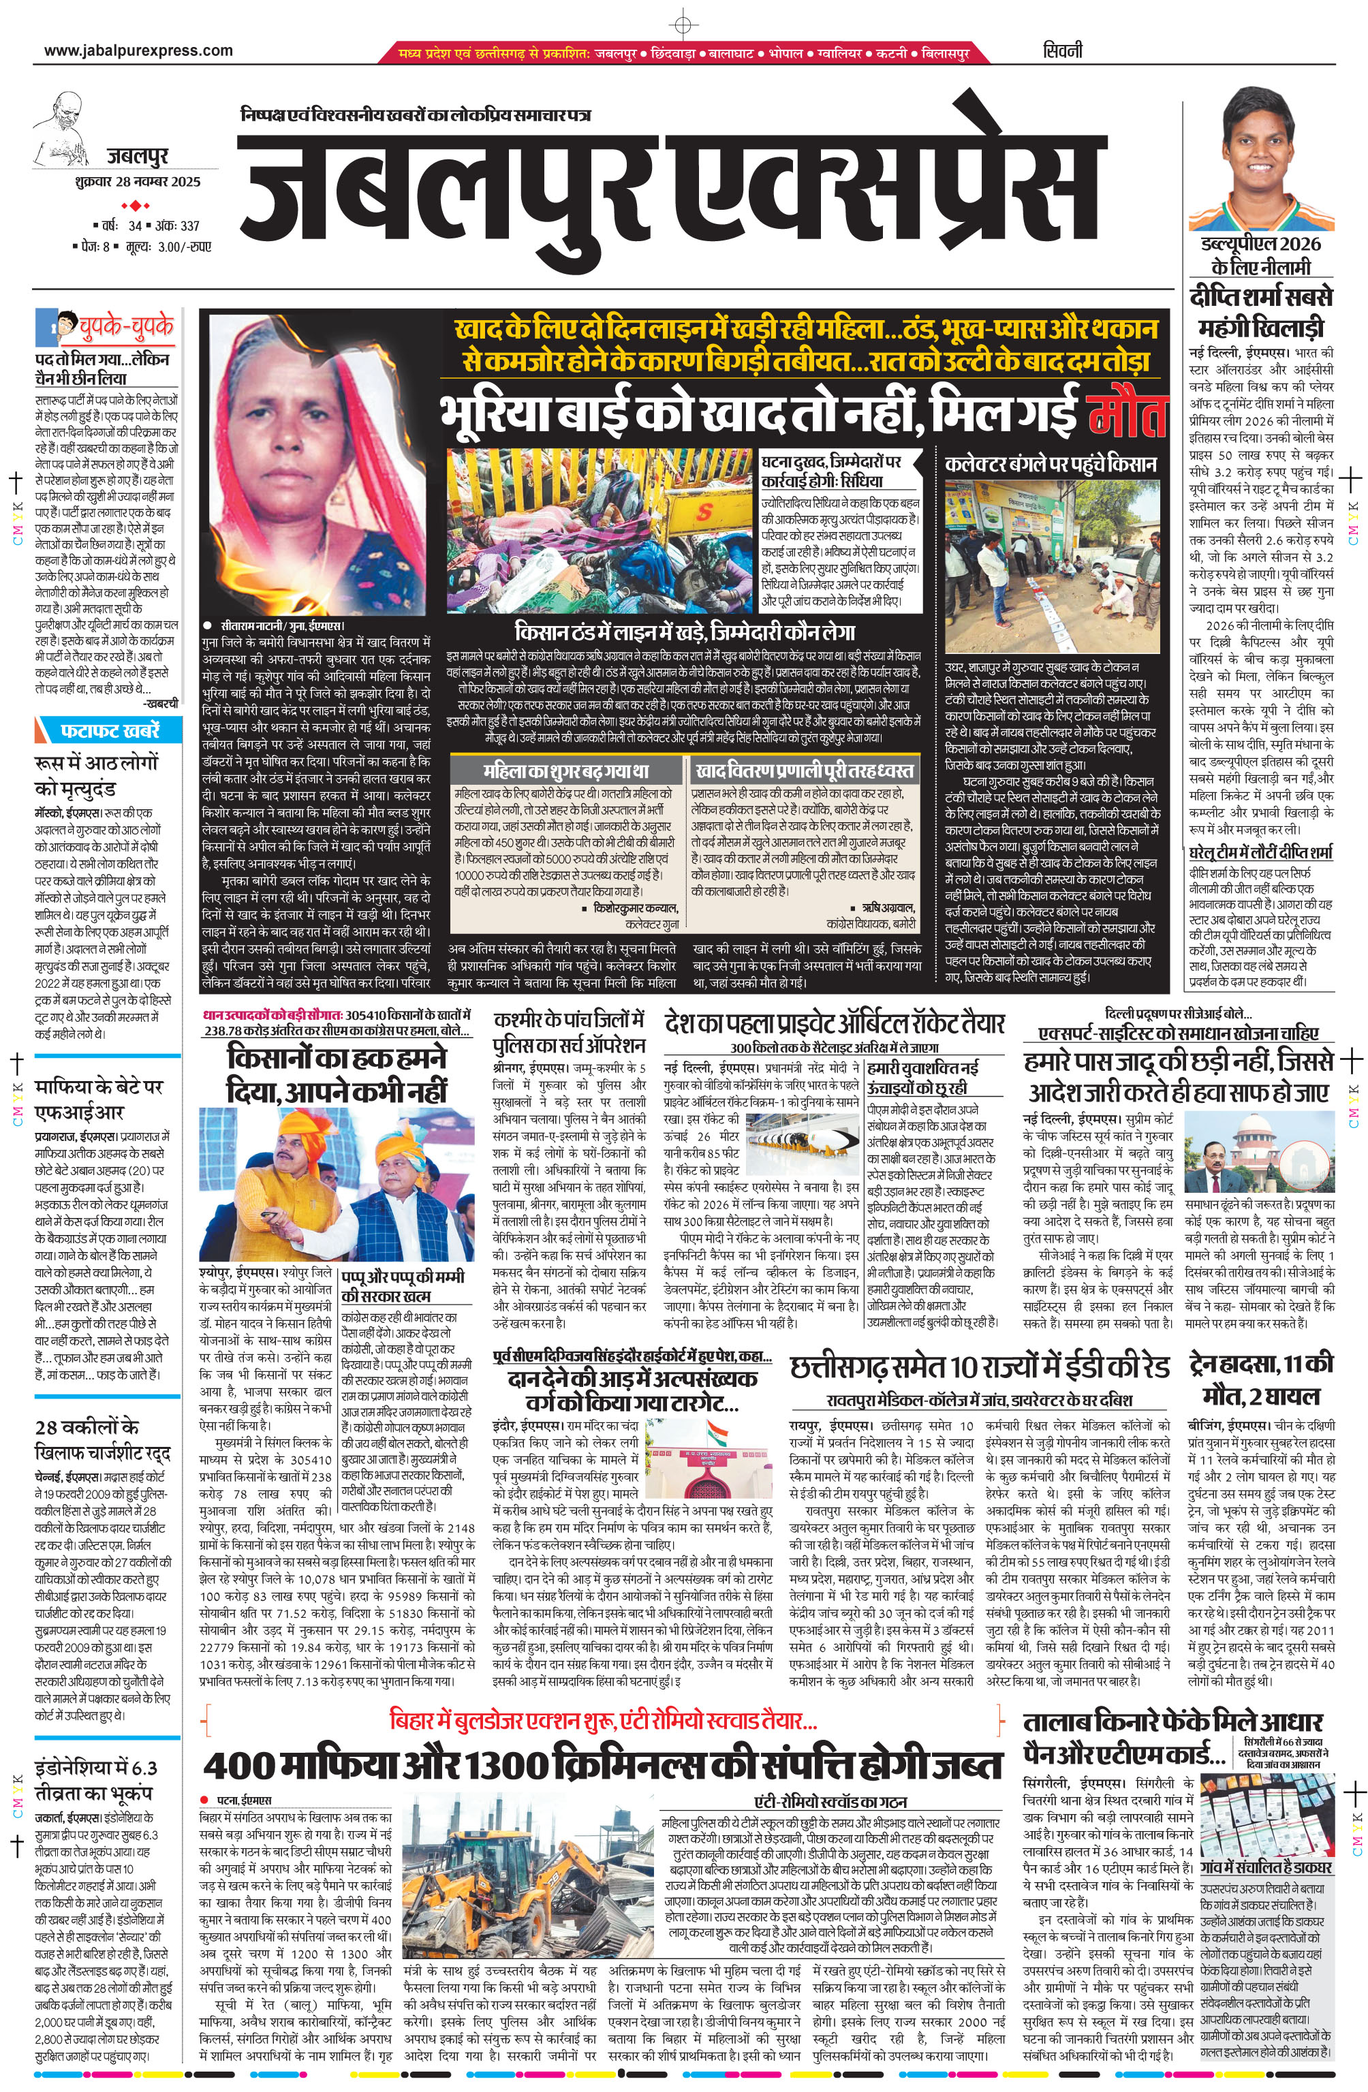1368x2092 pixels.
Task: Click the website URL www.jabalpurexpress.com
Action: coord(138,51)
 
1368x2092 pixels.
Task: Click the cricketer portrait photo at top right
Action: coord(1259,158)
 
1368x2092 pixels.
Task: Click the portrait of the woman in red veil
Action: coord(312,461)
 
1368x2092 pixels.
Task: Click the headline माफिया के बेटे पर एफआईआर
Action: coord(99,1099)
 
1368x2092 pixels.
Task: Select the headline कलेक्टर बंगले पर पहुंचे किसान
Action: coord(1051,464)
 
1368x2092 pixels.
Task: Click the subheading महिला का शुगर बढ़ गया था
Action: coord(565,771)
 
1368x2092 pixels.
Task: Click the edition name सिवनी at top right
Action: coord(1063,51)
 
